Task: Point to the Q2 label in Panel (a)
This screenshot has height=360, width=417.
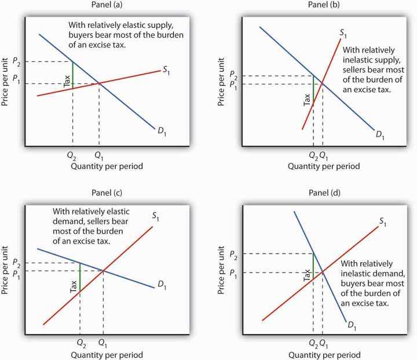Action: coord(72,155)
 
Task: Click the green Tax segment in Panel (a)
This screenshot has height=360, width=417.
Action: coord(72,73)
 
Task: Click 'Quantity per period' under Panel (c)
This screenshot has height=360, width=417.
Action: coord(107,354)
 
